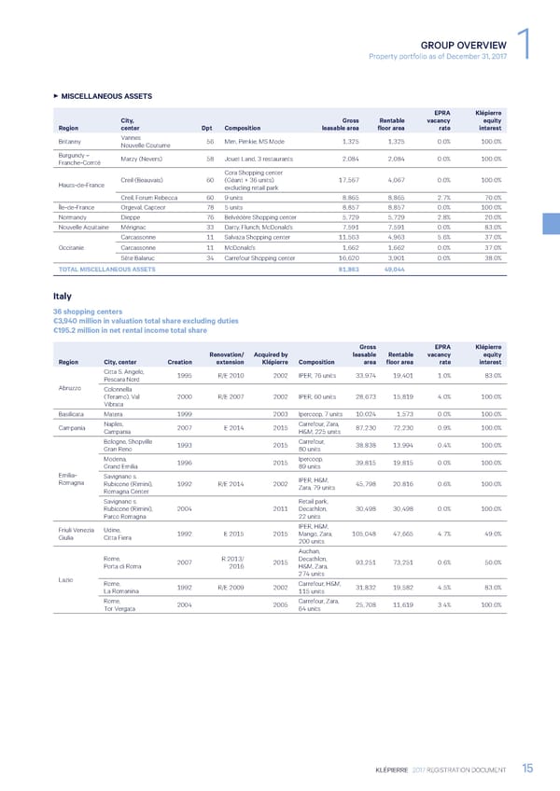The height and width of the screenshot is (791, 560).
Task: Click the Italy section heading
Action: (63, 298)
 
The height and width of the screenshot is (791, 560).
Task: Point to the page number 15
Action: (527, 768)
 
